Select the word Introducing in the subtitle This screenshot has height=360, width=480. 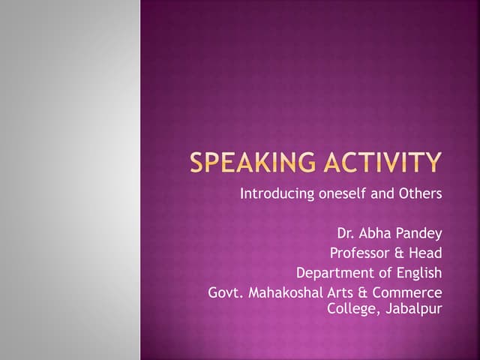[x=277, y=194]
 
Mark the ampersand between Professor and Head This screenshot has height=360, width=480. [x=400, y=253]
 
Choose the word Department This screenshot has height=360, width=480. [x=332, y=272]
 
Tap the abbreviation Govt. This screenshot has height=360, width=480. [x=223, y=292]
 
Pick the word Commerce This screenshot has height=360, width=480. [x=409, y=292]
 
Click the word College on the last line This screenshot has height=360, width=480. [x=352, y=307]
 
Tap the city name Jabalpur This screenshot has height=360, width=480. [x=413, y=307]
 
